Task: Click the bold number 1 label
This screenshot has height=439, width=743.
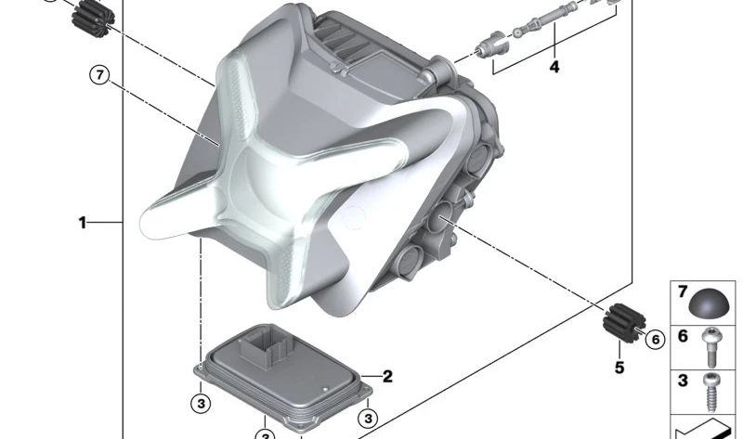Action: [x=83, y=222]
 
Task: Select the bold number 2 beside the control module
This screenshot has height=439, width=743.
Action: [x=387, y=377]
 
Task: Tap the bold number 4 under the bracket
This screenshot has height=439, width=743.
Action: [x=554, y=67]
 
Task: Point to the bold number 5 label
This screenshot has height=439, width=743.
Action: [x=619, y=368]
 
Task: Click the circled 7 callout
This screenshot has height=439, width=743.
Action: [x=99, y=75]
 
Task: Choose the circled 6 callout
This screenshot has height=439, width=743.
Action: [x=656, y=339]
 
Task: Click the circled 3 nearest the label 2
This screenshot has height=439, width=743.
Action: [x=368, y=419]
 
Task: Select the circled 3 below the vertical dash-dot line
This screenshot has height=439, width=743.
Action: [x=201, y=404]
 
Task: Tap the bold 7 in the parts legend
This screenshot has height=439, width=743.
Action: [x=683, y=291]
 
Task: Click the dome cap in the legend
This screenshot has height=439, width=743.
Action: [x=708, y=303]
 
